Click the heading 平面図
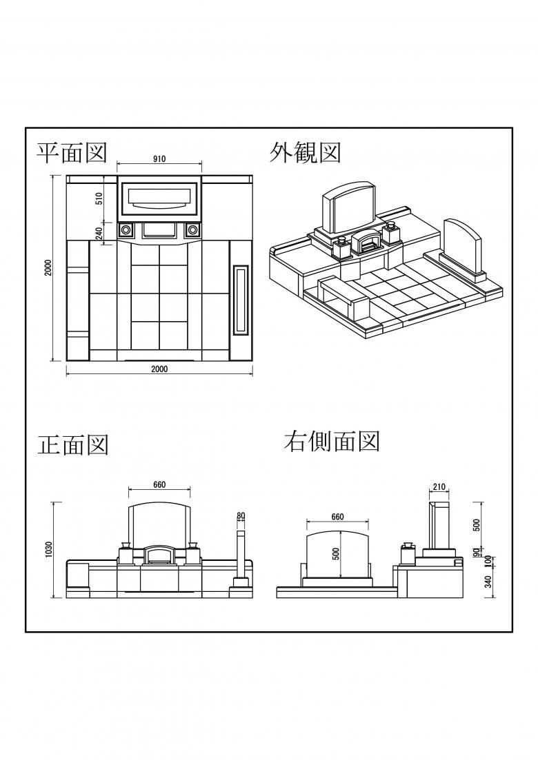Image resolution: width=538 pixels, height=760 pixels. [72, 153]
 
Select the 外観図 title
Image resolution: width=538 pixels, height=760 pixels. [306, 152]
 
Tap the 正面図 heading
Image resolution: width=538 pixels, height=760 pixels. [73, 444]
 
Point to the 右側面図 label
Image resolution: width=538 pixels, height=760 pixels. [332, 441]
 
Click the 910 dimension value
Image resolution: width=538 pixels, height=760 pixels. [159, 159]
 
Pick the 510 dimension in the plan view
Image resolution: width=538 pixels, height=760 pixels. [99, 198]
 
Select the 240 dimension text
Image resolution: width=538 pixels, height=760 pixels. [99, 235]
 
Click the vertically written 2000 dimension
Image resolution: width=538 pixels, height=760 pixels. [48, 268]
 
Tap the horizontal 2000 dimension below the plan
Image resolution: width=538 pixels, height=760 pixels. [159, 369]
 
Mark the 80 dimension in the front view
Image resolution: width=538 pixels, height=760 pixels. [241, 515]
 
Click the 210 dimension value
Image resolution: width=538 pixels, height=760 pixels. [439, 487]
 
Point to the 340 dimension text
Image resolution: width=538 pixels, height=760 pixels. [488, 583]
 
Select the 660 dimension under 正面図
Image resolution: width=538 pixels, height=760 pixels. [159, 484]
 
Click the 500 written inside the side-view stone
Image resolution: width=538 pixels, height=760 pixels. [336, 553]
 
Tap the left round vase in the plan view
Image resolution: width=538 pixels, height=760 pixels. [126, 229]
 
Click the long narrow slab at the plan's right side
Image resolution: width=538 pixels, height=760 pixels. [241, 300]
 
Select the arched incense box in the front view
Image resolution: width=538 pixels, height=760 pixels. [159, 555]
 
